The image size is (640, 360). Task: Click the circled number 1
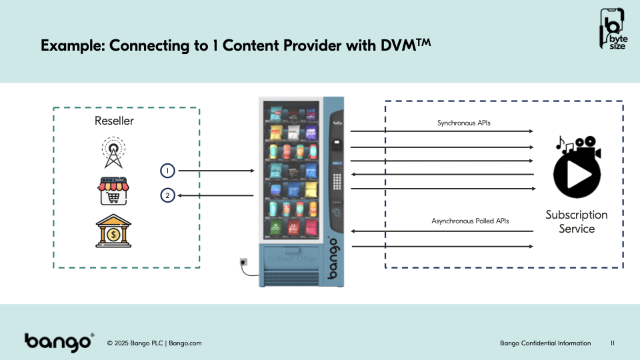click(x=168, y=171)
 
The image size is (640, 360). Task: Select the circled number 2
click(x=168, y=196)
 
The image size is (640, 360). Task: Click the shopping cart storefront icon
click(x=113, y=191)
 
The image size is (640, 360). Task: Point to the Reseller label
click(x=114, y=121)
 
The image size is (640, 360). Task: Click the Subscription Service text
click(x=577, y=222)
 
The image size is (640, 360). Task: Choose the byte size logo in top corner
click(x=613, y=29)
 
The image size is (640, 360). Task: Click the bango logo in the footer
click(x=59, y=342)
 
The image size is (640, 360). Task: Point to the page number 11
click(x=613, y=343)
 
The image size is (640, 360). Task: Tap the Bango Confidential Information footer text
click(x=545, y=343)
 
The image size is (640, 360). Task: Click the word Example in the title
click(x=71, y=46)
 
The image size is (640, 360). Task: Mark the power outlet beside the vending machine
click(x=243, y=262)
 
